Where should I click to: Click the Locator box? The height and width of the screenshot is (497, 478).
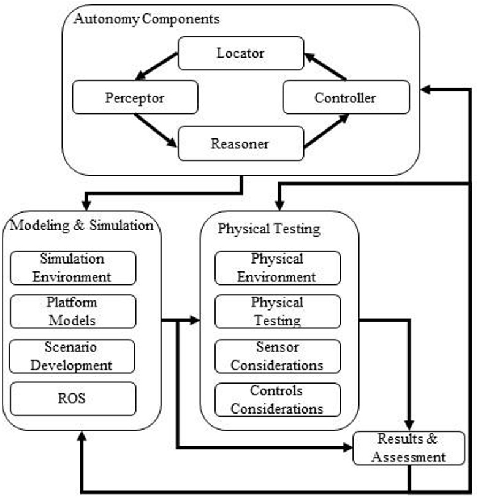[x=240, y=53]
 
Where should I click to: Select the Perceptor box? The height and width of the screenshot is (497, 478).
[x=135, y=97]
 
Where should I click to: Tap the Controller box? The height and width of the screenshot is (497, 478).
[x=345, y=97]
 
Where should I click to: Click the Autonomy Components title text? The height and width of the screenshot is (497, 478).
[x=146, y=19]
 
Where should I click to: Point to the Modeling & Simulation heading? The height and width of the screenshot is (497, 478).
[x=82, y=225]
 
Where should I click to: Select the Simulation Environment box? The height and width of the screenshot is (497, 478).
[x=72, y=268]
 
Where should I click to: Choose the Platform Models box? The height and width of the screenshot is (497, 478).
[x=72, y=311]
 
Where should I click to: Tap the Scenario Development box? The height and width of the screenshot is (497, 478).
[x=72, y=357]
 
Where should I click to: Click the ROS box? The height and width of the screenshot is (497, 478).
[x=72, y=398]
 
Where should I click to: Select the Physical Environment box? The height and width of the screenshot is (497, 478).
[x=277, y=268]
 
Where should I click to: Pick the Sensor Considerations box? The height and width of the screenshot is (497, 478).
[x=277, y=357]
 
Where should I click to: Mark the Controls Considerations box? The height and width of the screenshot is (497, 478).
[x=277, y=399]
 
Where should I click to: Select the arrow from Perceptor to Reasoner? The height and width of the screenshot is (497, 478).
[x=156, y=129]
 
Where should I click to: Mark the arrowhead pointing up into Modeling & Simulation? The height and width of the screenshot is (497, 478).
[x=82, y=434]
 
